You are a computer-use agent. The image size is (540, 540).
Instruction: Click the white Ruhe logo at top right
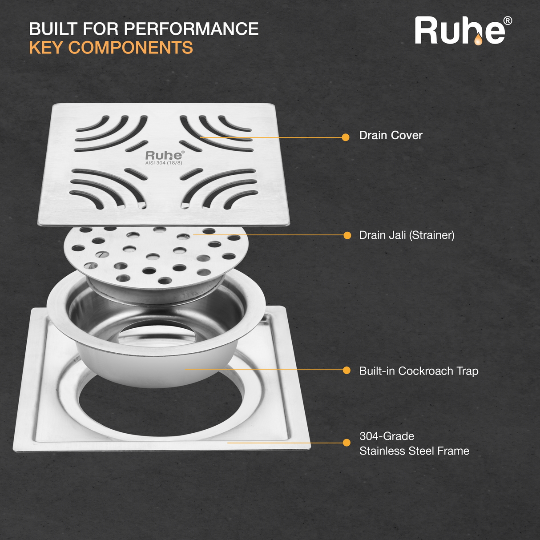(x=463, y=30)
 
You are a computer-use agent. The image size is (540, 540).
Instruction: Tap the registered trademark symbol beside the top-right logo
(x=508, y=21)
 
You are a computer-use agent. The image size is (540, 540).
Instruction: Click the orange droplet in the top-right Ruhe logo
(x=478, y=39)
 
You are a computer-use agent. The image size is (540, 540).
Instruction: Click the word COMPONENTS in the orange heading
(x=131, y=47)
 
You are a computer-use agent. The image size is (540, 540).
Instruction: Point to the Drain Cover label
(x=391, y=135)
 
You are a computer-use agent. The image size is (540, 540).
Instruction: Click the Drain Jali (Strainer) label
(x=407, y=235)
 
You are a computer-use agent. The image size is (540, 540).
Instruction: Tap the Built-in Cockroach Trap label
(x=419, y=371)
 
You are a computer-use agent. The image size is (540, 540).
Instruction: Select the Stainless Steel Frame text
(x=414, y=451)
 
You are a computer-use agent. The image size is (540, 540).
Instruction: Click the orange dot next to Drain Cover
(x=346, y=137)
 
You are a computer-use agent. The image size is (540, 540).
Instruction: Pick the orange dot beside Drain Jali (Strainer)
(x=347, y=235)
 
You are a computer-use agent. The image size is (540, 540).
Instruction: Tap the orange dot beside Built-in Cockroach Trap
(x=347, y=371)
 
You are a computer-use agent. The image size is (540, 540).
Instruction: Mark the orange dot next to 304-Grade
(x=347, y=443)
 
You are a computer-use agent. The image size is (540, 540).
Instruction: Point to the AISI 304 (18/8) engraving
(x=164, y=163)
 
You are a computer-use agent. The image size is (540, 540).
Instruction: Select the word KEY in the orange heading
(x=46, y=47)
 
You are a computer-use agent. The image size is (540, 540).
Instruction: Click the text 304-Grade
(x=387, y=436)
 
